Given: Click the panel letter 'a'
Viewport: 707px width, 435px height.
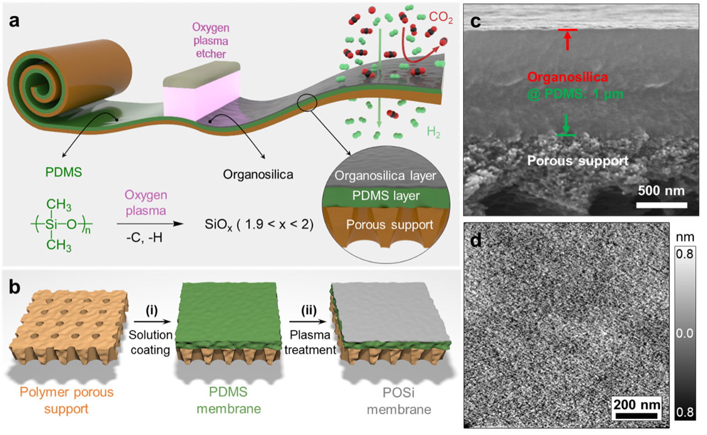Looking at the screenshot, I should (14, 21).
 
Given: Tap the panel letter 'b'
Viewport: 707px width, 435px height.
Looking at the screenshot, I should (15, 287).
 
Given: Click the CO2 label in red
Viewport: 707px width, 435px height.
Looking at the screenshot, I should (441, 17).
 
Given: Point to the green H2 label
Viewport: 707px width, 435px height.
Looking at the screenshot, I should (433, 133).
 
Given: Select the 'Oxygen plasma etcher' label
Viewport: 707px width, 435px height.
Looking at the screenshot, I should (211, 41).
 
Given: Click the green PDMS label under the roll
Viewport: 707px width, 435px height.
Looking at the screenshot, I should (64, 172).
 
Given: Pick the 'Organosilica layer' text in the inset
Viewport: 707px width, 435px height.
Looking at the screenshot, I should (385, 176).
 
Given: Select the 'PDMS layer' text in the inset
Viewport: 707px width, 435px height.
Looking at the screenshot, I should (386, 196).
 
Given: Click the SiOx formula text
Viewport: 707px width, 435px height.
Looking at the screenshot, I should (259, 224).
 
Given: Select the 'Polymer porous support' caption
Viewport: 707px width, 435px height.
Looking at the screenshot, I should (67, 400).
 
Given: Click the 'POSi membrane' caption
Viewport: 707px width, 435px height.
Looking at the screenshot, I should (399, 401).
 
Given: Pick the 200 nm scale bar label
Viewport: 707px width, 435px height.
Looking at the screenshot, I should (637, 404).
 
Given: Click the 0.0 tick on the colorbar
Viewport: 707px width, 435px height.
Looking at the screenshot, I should (684, 333).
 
